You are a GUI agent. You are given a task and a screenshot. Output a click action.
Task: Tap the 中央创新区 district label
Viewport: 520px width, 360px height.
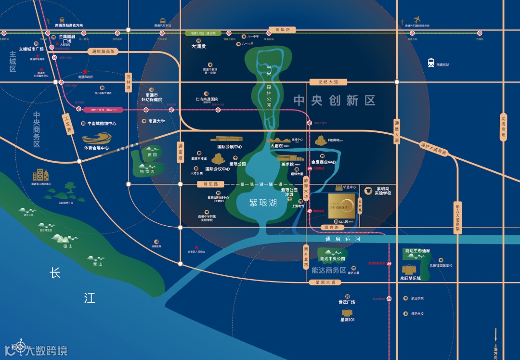(334, 100)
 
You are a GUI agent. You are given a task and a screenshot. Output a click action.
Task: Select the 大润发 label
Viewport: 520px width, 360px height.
(198, 47)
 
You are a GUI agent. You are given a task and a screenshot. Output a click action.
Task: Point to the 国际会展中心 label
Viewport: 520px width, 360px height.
(230, 147)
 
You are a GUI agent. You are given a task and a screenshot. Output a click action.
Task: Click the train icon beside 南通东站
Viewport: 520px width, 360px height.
(431, 62)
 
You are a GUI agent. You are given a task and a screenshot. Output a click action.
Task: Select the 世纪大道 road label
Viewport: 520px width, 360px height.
(325, 82)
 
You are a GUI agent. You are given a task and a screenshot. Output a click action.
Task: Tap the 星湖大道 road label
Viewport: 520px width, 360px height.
(323, 283)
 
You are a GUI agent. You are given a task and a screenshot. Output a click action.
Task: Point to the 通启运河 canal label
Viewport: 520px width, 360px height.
(342, 239)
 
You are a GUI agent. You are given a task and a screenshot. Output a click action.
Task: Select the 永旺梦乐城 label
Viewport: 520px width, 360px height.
(410, 278)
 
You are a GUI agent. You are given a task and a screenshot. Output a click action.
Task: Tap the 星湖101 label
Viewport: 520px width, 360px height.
(347, 319)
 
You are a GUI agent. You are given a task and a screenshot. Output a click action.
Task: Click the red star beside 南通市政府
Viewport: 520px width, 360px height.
(85, 71)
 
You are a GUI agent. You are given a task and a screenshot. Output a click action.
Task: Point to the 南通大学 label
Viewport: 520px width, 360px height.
(156, 121)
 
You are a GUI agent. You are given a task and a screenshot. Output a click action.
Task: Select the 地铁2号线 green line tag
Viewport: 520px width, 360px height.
(204, 33)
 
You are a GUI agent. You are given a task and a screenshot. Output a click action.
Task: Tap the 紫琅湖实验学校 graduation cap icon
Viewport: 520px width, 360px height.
(369, 191)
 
